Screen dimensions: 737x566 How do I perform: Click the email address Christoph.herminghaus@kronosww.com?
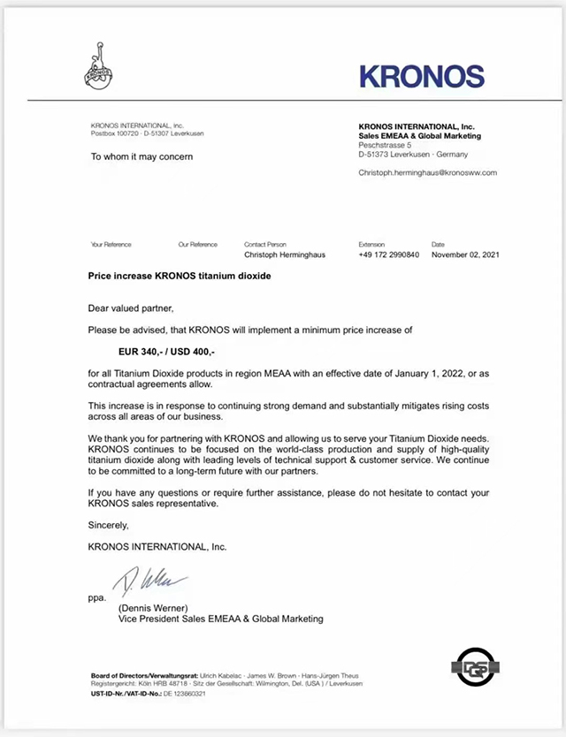click(x=427, y=172)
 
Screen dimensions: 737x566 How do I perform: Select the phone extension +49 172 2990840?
click(x=388, y=255)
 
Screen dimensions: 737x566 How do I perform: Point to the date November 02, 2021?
click(x=465, y=255)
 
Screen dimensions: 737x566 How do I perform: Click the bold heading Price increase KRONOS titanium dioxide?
click(x=180, y=277)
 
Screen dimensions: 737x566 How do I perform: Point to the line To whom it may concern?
click(x=141, y=156)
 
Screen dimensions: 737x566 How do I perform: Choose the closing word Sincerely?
click(x=109, y=525)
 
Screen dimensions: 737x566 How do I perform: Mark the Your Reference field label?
click(x=111, y=244)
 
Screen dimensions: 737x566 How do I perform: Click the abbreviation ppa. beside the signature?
click(x=96, y=598)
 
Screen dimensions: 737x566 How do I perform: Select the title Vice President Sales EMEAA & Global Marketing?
click(x=221, y=619)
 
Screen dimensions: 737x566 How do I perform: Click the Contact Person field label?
click(x=265, y=244)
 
